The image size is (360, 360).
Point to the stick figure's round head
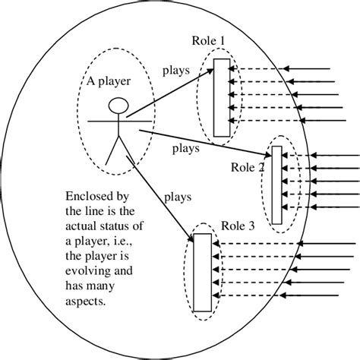coord(116,105)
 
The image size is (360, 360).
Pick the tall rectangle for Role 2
coord(276,185)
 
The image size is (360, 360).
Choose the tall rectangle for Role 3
coord(202,272)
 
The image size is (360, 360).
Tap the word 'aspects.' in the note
coord(86,302)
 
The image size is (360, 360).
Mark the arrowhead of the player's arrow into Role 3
coord(190,237)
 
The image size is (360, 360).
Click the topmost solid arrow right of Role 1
coord(311,70)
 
